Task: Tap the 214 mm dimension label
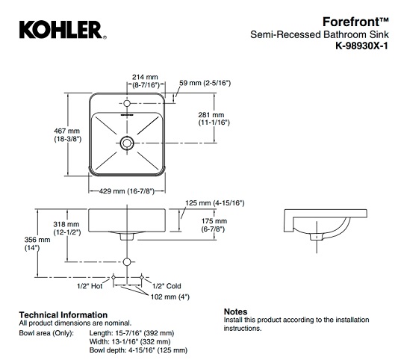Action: coord(146,77)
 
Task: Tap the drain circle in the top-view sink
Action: coord(127,141)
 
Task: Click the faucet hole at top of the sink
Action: coord(127,105)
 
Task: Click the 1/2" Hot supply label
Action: coord(87,286)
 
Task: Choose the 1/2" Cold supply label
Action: coord(167,286)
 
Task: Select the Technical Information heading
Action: coord(62,314)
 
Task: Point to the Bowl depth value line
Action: coord(138,350)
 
